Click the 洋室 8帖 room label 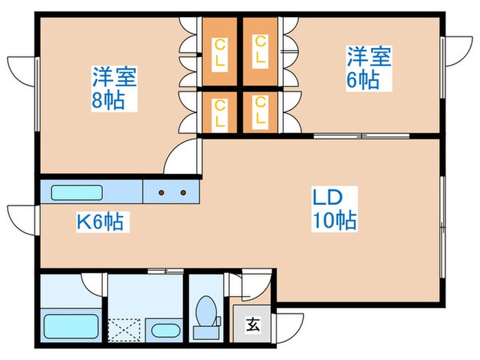pos(115,87)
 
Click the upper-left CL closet pos(219,51)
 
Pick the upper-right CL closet pos(260,51)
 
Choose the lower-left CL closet pos(219,112)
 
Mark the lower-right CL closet pos(260,112)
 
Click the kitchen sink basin pos(76,192)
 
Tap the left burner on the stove pos(162,193)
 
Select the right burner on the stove pos(183,193)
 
